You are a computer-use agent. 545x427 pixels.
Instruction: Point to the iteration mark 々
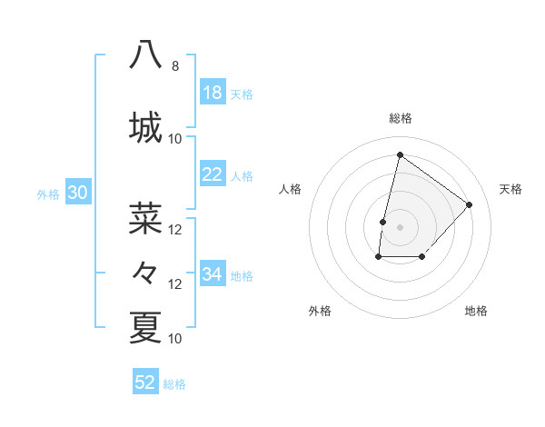click(145, 272)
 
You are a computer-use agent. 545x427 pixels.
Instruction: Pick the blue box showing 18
click(213, 93)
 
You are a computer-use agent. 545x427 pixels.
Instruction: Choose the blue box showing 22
click(213, 174)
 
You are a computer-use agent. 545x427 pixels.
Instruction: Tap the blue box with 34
click(213, 274)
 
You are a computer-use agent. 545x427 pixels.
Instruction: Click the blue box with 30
click(77, 193)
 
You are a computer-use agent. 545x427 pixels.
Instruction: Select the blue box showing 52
click(145, 382)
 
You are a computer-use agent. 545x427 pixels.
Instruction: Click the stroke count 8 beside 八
click(175, 66)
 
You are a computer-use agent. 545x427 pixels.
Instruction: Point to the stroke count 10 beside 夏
click(175, 339)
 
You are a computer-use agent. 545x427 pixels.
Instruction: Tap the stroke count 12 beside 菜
click(175, 230)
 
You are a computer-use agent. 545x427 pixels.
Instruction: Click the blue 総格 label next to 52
click(174, 384)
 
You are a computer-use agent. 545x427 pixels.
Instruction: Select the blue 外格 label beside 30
click(48, 194)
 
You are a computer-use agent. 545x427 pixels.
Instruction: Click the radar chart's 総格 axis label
click(401, 118)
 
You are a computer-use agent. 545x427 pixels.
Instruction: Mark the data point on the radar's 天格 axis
click(470, 204)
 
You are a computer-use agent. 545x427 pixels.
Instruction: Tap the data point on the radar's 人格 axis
click(383, 222)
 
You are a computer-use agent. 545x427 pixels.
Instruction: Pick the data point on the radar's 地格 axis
click(422, 258)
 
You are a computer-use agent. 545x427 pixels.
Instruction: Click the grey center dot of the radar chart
click(401, 227)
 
